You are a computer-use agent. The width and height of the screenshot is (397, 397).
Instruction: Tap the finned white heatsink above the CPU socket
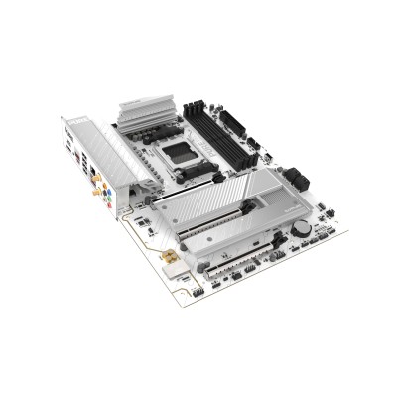pos(148,112)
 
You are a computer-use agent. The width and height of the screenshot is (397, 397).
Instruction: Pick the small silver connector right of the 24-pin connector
pos(298,184)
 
